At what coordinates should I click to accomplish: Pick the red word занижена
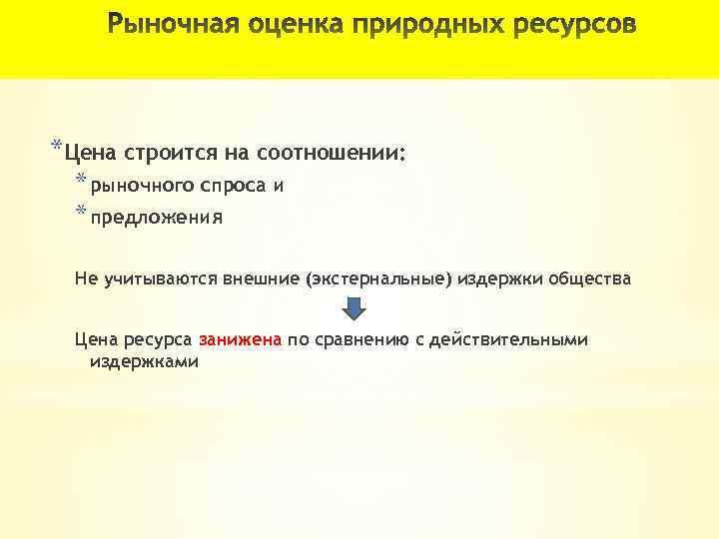click(x=241, y=340)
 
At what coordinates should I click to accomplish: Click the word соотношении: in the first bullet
click(x=332, y=154)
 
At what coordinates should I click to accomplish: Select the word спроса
click(x=233, y=186)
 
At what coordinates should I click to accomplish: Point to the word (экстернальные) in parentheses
click(x=380, y=279)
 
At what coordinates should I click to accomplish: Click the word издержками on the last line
click(x=144, y=361)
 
